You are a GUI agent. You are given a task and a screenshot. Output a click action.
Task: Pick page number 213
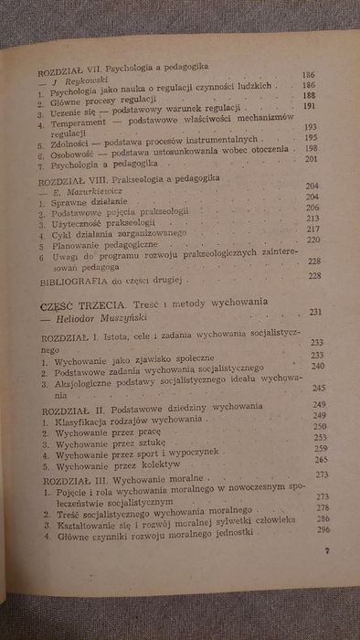point(315,219)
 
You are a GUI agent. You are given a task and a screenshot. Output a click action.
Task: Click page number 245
point(319,387)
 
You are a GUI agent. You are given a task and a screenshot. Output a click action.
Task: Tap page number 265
point(321,462)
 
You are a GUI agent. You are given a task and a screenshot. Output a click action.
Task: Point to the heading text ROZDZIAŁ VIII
point(63,183)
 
